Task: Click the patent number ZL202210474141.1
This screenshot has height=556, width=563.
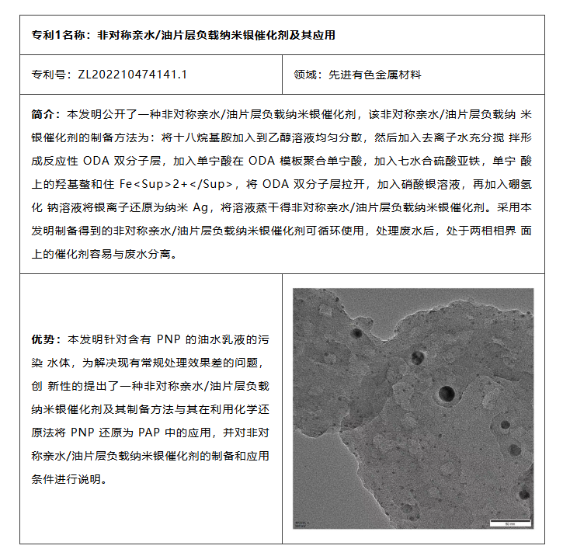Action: point(132,75)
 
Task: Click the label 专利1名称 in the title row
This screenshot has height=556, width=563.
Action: point(58,36)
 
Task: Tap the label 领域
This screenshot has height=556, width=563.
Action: point(306,75)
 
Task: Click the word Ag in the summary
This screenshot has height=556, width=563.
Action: point(201,208)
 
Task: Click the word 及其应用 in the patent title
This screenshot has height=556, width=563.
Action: point(314,36)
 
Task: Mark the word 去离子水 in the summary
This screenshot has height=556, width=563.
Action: point(435,138)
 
